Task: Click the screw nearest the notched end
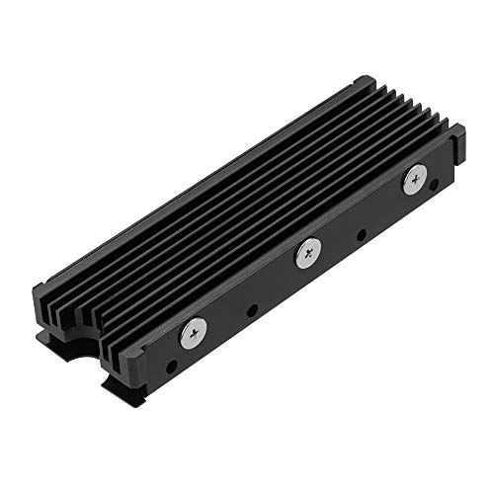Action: click(x=195, y=334)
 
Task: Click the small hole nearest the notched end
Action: click(x=173, y=367)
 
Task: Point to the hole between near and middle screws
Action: click(x=252, y=310)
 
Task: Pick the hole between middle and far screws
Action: click(x=361, y=234)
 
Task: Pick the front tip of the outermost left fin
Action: click(x=40, y=296)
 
